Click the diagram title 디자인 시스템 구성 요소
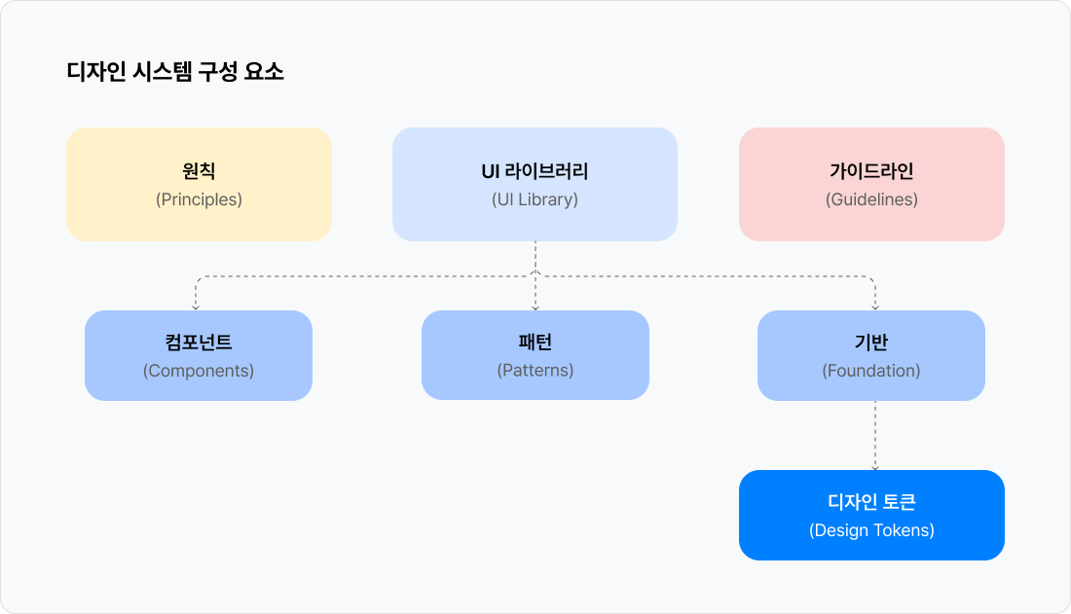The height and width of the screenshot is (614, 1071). [175, 72]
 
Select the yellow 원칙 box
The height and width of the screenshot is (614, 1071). [199, 184]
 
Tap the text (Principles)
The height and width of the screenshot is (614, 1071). [199, 199]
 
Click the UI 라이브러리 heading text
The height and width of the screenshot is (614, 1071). [535, 170]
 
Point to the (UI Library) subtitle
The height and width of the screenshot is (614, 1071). [535, 199]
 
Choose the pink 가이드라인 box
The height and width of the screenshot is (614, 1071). [871, 184]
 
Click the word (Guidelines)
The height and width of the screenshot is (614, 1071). [871, 199]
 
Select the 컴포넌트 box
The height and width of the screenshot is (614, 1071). [199, 355]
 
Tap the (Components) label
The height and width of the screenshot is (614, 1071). [199, 371]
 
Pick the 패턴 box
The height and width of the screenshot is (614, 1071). [535, 355]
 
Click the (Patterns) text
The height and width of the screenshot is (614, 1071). [535, 370]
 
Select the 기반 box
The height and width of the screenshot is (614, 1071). [871, 355]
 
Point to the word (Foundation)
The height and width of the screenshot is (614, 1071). [871, 371]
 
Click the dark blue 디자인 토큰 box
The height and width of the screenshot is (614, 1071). [871, 515]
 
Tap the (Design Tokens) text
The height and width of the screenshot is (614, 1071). [871, 530]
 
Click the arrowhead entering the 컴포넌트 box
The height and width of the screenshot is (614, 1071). [196, 308]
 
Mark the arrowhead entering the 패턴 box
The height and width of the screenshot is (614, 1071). [535, 308]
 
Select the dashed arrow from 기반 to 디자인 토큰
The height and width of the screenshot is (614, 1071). [875, 435]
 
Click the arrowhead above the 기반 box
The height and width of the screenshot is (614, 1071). [875, 308]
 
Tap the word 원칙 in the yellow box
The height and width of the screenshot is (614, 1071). [199, 170]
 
